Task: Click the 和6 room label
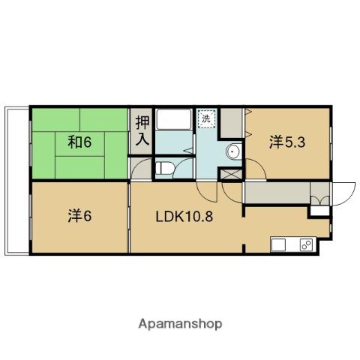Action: click(x=79, y=142)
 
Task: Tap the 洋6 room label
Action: click(x=79, y=216)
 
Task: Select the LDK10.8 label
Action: click(x=184, y=217)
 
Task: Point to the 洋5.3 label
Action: click(x=287, y=142)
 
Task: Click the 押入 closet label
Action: click(x=142, y=130)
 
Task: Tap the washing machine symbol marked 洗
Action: click(x=206, y=119)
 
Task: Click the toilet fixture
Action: click(x=164, y=168)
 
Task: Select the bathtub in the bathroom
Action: click(x=174, y=119)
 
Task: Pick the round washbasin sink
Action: click(x=234, y=151)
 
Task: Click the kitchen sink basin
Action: click(x=278, y=244)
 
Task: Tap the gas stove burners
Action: click(x=307, y=244)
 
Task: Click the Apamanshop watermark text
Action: click(x=180, y=324)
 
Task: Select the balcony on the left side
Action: click(x=16, y=181)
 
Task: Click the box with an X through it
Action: click(x=232, y=174)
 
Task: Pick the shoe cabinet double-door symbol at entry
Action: click(x=320, y=201)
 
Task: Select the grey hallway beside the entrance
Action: click(x=277, y=193)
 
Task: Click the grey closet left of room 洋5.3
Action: click(x=232, y=123)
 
